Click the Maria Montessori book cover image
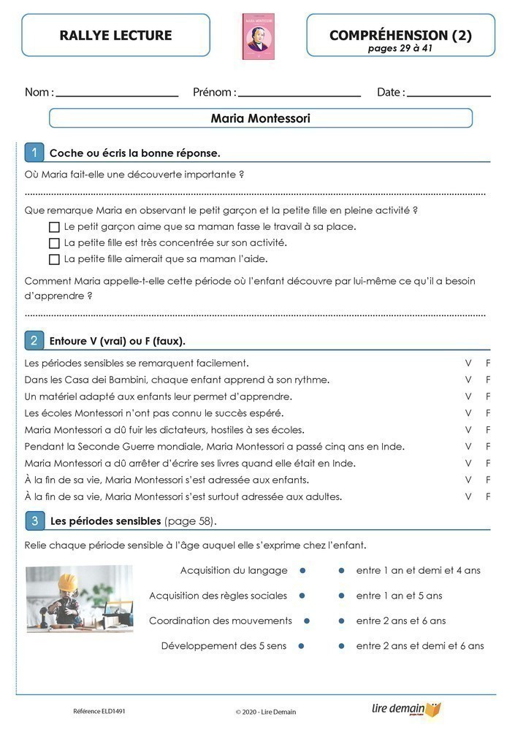click(258, 36)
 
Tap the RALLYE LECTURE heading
click(115, 35)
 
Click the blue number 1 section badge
click(34, 153)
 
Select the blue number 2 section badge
click(34, 340)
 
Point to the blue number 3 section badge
click(34, 520)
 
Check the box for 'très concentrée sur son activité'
click(54, 243)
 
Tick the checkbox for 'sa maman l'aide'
click(54, 259)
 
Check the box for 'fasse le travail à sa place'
click(54, 227)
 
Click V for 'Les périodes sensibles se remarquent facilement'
click(468, 363)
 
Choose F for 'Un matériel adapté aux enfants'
click(488, 396)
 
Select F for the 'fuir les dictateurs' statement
click(488, 430)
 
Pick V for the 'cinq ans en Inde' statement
click(468, 447)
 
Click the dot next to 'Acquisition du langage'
click(302, 571)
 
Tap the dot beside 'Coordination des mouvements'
click(306, 621)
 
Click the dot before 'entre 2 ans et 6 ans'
click(341, 621)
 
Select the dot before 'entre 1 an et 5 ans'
click(341, 596)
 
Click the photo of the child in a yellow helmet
click(79, 599)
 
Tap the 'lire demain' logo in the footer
click(406, 710)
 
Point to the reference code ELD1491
click(94, 711)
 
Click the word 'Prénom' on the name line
click(213, 93)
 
